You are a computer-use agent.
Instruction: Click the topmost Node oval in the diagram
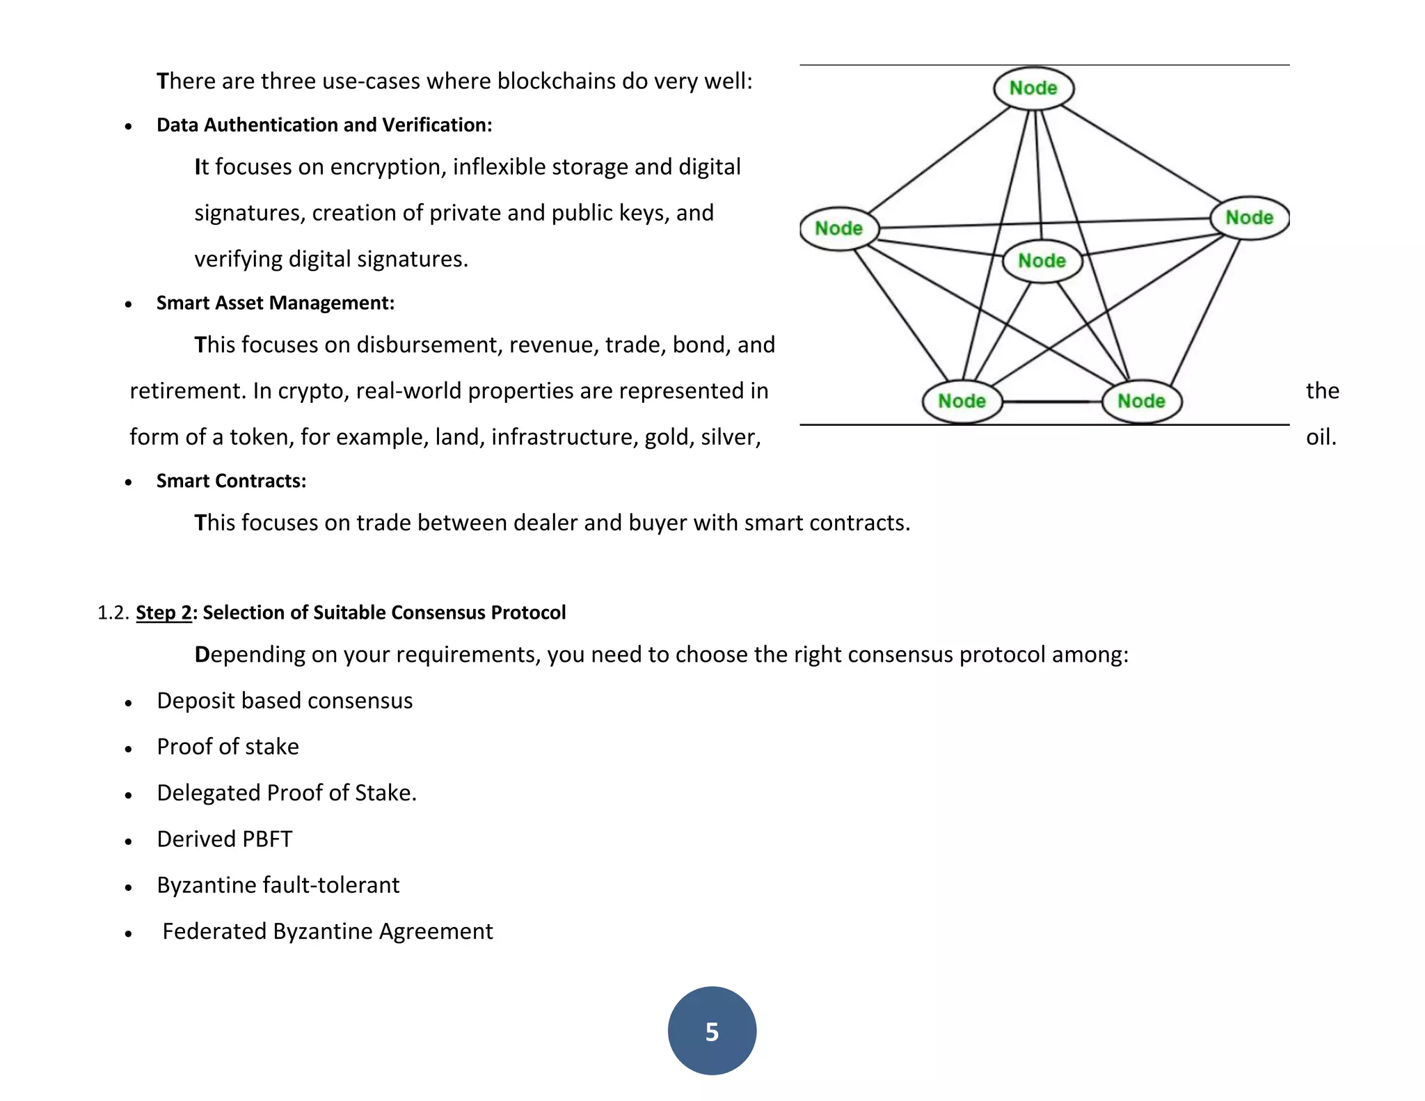click(x=1033, y=88)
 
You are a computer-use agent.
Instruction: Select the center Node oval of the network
click(x=1042, y=261)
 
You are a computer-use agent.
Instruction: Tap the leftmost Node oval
click(x=839, y=228)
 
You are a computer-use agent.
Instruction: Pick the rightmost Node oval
click(x=1250, y=218)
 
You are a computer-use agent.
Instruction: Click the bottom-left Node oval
click(x=962, y=401)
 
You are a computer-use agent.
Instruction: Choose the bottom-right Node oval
click(x=1142, y=401)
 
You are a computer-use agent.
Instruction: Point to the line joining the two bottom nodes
click(x=1052, y=402)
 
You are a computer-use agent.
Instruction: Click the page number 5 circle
click(x=712, y=1031)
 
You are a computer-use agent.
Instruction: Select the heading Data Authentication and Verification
click(x=324, y=125)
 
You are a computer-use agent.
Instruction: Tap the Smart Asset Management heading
click(x=276, y=303)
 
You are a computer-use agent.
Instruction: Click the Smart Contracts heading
click(x=231, y=482)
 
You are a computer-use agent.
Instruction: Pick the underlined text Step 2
click(x=164, y=612)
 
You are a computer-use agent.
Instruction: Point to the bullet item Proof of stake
click(x=228, y=747)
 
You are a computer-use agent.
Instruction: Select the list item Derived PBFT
click(x=225, y=839)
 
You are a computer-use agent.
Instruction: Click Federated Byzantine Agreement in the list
click(x=328, y=932)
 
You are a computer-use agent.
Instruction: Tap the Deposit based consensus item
click(x=285, y=701)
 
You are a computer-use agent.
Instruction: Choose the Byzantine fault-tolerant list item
click(x=278, y=885)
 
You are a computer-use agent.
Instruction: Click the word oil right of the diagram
click(x=1321, y=437)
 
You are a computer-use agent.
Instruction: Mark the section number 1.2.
click(x=113, y=612)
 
